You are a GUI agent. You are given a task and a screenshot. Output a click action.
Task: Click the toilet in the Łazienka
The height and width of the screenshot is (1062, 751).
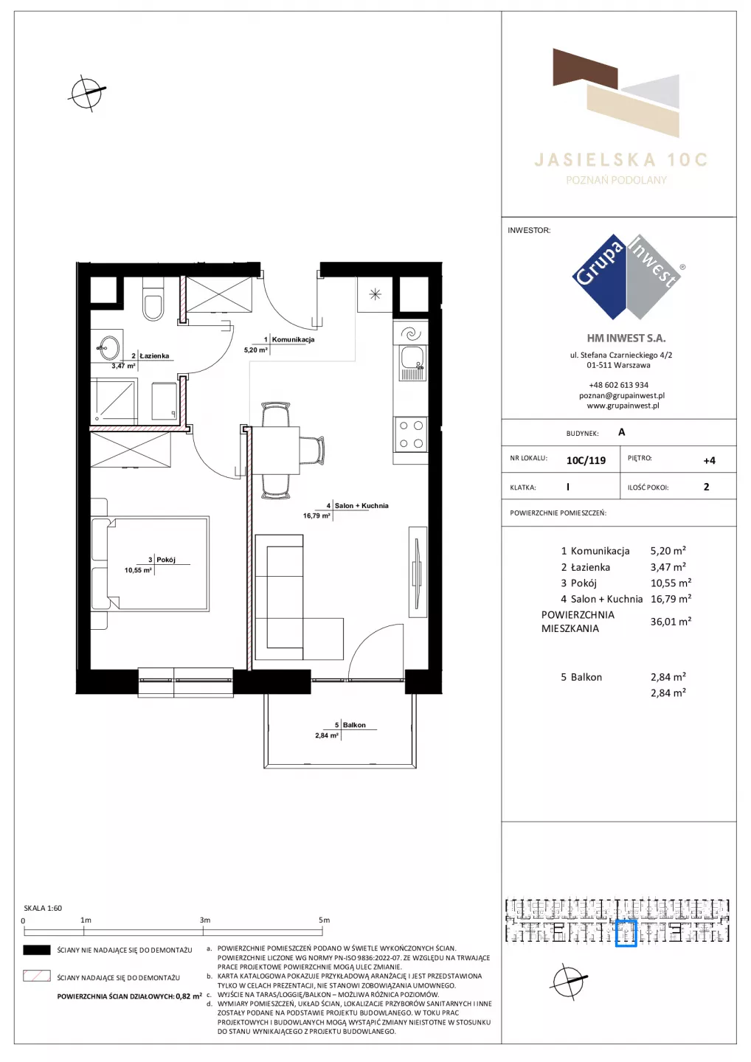[x=153, y=299]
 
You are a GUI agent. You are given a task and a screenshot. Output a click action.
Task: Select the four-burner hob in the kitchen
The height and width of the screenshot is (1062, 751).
[x=411, y=434]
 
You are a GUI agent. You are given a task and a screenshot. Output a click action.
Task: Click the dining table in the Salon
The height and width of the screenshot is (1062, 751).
[x=276, y=449]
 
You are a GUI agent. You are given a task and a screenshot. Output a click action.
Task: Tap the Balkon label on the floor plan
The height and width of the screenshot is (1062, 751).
[x=354, y=725]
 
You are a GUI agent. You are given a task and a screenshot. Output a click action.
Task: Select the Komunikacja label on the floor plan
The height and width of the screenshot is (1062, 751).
[x=293, y=339]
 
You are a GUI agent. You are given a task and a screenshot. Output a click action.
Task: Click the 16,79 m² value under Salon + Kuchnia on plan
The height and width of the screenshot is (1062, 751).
[x=316, y=516]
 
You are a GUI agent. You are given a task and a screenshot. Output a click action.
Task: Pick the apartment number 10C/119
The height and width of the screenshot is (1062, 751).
[x=586, y=460]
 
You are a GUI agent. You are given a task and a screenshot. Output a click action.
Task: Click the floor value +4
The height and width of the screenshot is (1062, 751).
[x=709, y=460]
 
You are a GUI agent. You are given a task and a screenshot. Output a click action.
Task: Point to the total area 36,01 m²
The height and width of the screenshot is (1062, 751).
[x=671, y=622]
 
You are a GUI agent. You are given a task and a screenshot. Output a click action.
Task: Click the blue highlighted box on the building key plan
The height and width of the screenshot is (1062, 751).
[x=626, y=934]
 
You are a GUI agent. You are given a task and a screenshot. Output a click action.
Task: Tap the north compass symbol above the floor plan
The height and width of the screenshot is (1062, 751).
[x=87, y=93]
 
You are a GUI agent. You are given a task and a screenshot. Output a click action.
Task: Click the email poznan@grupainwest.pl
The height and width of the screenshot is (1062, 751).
[x=622, y=395]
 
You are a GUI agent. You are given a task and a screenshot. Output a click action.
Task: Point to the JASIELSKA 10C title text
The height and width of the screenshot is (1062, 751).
[x=620, y=160]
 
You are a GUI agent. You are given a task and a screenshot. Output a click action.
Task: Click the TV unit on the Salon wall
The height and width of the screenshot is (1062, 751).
[x=418, y=572]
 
